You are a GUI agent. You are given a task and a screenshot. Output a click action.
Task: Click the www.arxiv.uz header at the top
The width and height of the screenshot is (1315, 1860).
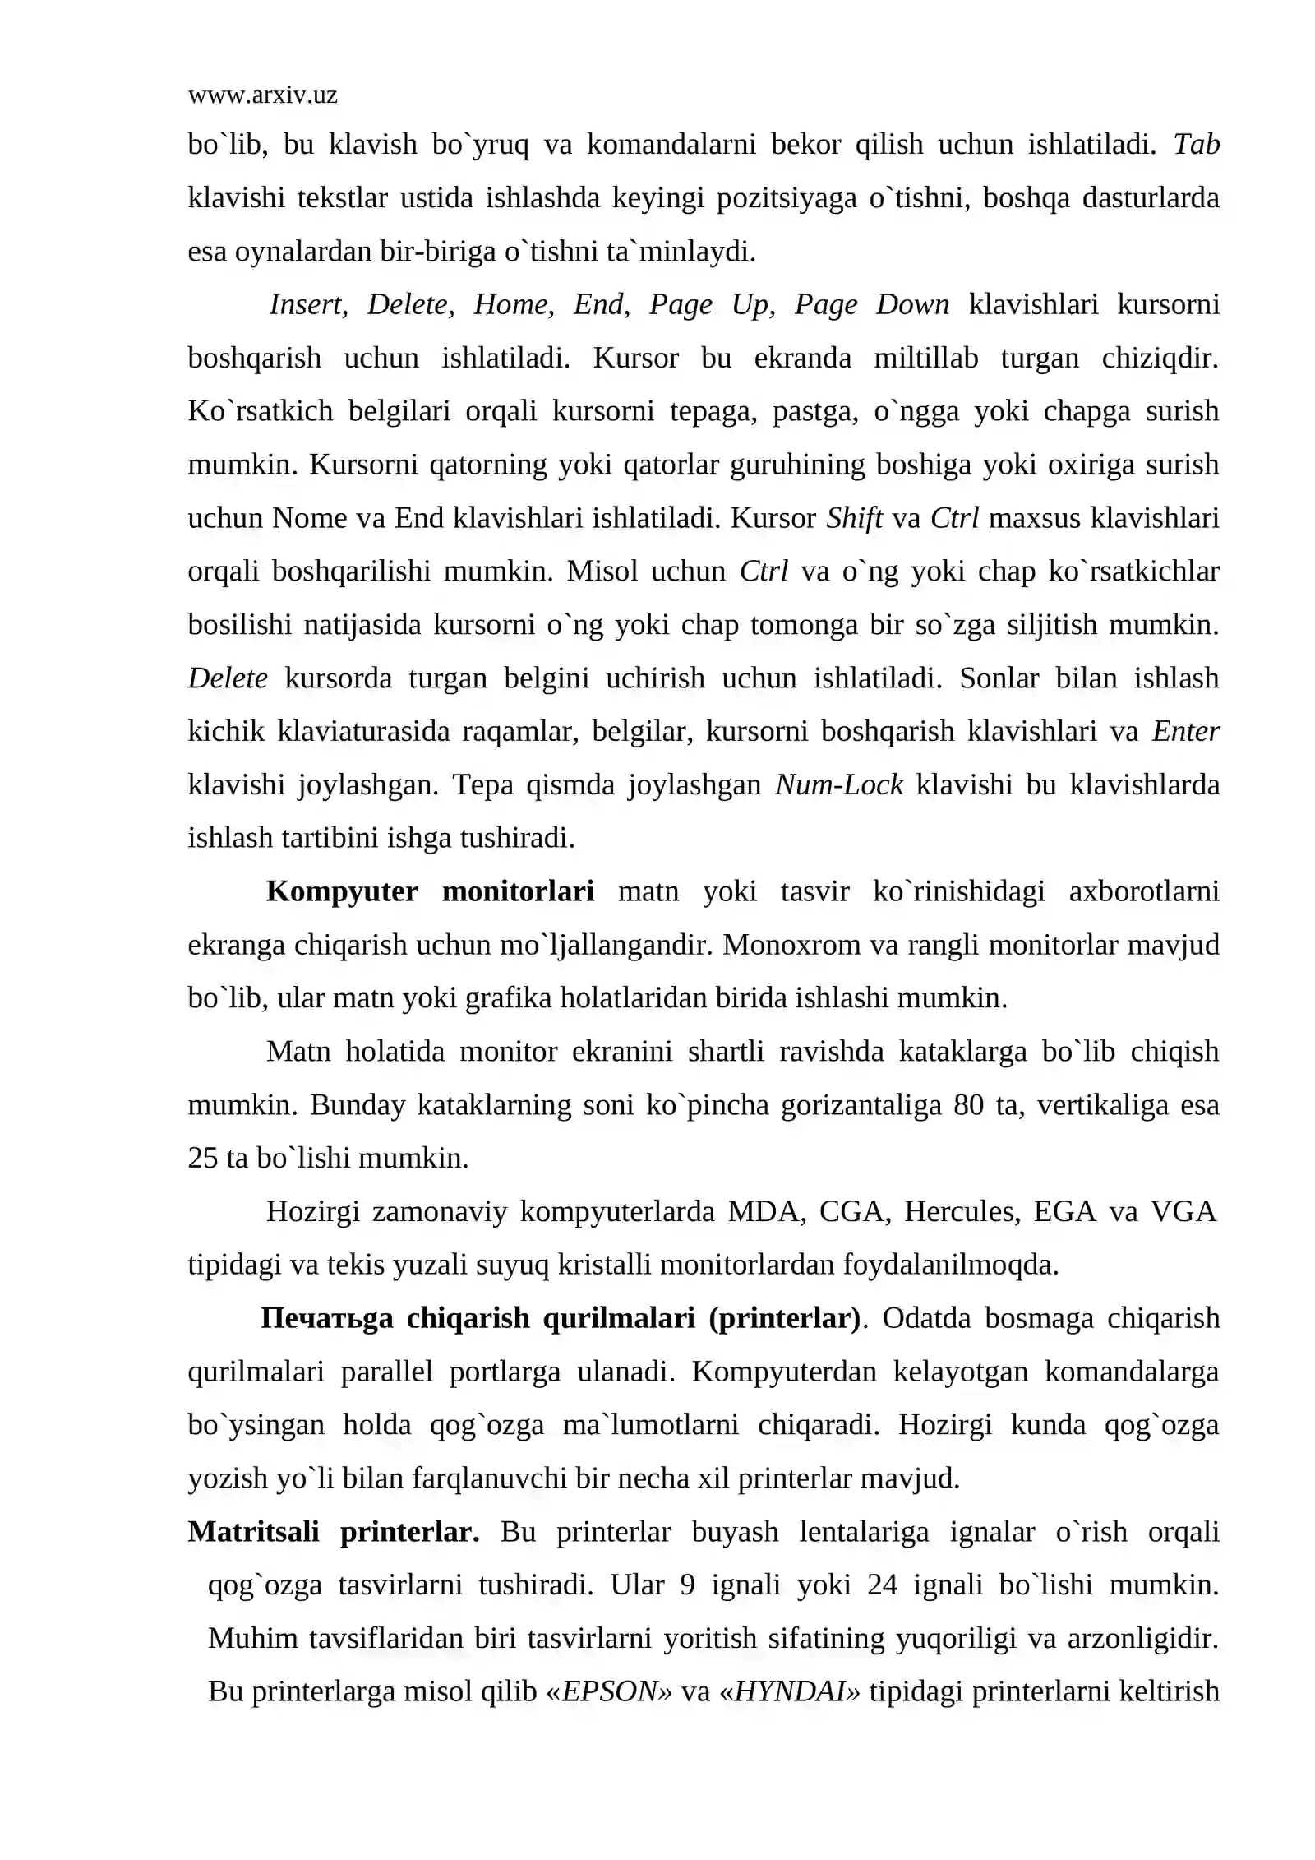262,95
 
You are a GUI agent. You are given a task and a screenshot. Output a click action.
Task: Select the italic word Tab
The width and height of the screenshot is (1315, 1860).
1196,145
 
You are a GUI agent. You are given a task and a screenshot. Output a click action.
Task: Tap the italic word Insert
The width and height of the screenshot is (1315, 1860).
307,305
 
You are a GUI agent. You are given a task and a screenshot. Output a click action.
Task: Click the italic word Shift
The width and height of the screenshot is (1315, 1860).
854,518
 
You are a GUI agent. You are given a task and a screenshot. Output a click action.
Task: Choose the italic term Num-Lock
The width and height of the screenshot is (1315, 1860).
838,785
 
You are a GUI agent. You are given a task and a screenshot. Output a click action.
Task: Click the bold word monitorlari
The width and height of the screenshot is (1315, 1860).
518,892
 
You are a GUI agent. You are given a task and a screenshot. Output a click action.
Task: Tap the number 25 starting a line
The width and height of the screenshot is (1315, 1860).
203,1159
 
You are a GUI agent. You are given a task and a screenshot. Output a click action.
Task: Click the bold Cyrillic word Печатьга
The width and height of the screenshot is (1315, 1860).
326,1319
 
